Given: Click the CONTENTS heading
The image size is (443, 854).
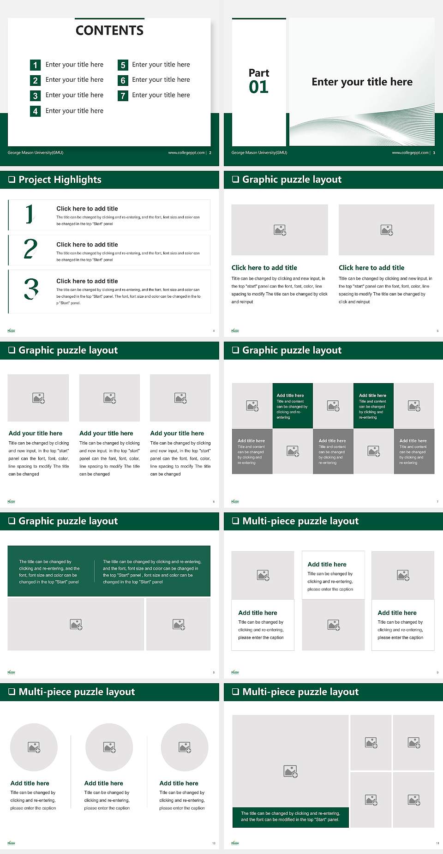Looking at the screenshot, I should pyautogui.click(x=109, y=30).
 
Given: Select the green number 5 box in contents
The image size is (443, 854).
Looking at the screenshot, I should pyautogui.click(x=123, y=65).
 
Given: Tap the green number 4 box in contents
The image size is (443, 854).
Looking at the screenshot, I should pyautogui.click(x=35, y=111).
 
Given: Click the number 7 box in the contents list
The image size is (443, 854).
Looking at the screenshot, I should pyautogui.click(x=123, y=96).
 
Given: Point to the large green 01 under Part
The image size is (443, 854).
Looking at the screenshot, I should pyautogui.click(x=258, y=87).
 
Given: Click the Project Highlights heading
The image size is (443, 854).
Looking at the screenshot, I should pyautogui.click(x=60, y=180).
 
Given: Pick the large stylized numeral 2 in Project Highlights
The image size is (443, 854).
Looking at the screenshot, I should pyautogui.click(x=30, y=249).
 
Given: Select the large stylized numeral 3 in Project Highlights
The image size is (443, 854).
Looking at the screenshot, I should pyautogui.click(x=31, y=289).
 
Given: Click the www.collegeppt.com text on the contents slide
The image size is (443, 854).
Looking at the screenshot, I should pyautogui.click(x=186, y=153).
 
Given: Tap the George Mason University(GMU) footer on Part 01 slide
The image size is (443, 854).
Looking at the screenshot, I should pyautogui.click(x=259, y=153).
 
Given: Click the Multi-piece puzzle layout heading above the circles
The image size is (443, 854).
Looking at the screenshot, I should pyautogui.click(x=77, y=692).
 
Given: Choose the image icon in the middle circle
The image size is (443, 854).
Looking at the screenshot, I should pyautogui.click(x=109, y=747).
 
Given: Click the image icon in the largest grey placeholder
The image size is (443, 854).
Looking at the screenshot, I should pyautogui.click(x=290, y=771).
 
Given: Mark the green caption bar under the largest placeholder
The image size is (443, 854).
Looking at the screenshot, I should pyautogui.click(x=290, y=817).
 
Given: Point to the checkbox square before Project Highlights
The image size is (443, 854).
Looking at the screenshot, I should pyautogui.click(x=12, y=180).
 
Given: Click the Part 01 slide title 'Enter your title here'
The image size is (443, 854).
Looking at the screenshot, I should pyautogui.click(x=362, y=82).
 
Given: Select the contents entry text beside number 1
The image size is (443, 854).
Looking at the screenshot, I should pyautogui.click(x=74, y=65).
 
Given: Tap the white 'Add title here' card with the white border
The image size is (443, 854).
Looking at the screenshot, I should pyautogui.click(x=333, y=575).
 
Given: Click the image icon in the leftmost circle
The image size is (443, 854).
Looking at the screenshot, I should pyautogui.click(x=34, y=747).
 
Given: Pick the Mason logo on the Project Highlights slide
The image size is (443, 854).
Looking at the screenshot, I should pyautogui.click(x=12, y=331).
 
